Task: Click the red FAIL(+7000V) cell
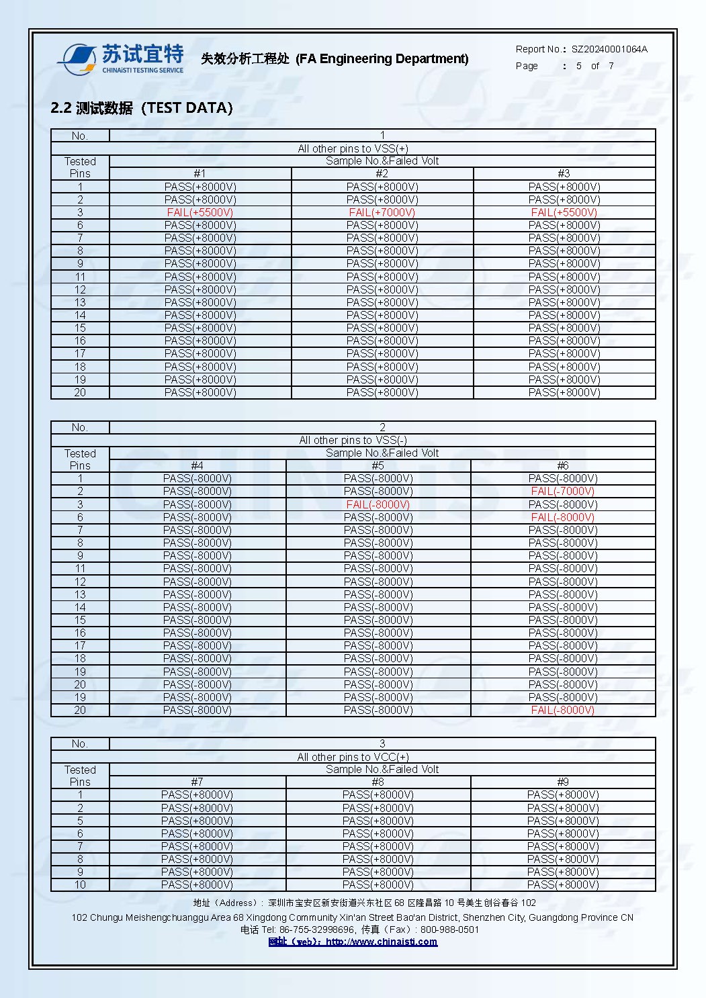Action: pos(382,212)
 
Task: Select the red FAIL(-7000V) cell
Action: pos(563,491)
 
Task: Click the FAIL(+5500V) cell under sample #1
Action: pos(200,212)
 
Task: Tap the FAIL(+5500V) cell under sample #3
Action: pos(564,212)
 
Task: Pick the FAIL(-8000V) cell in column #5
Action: pos(378,504)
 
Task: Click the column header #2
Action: pos(382,173)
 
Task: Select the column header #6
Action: pos(563,465)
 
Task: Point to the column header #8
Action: pos(378,782)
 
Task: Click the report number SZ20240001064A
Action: pos(609,49)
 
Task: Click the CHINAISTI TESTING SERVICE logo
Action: pos(121,59)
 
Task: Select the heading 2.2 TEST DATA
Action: pos(142,107)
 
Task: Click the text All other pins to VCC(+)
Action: pos(353,757)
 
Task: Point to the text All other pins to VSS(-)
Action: pos(353,440)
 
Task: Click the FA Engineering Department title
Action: pos(335,59)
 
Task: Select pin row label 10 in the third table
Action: pos(80,884)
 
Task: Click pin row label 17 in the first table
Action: pos(80,353)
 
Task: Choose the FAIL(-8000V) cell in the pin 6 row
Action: pos(563,517)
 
